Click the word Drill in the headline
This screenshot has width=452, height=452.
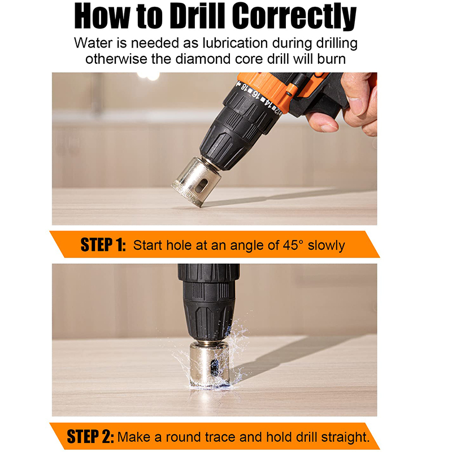point(198,17)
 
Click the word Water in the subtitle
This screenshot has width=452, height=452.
point(92,43)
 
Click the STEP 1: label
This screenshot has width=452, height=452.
point(103,245)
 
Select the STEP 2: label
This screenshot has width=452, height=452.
point(90,437)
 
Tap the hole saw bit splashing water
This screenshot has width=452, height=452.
point(209,364)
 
